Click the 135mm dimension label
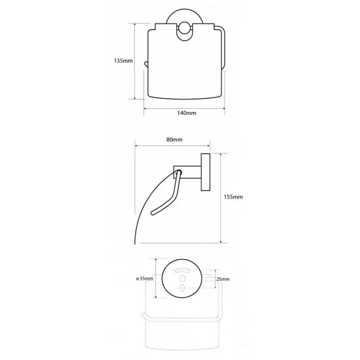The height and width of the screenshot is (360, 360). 123,61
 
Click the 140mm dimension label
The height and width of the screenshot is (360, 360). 186,113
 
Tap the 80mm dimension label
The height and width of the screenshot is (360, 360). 174,140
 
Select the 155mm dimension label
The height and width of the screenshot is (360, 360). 233,197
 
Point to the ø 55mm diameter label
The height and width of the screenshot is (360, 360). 145,279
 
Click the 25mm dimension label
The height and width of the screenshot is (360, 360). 223,279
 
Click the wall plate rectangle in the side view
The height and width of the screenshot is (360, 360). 206,172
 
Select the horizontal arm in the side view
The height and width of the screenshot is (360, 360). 188,172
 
